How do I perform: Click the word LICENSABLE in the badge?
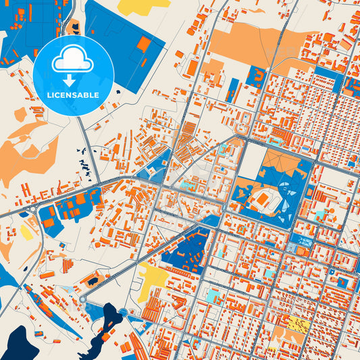[73, 95]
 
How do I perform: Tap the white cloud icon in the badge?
[73, 61]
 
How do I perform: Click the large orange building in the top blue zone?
[144, 44]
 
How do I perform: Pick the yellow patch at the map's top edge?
[143, 7]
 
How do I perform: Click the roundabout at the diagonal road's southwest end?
[83, 298]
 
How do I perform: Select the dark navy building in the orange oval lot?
[92, 280]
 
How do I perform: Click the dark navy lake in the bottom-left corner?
[14, 341]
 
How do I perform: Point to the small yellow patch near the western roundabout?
[26, 232]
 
